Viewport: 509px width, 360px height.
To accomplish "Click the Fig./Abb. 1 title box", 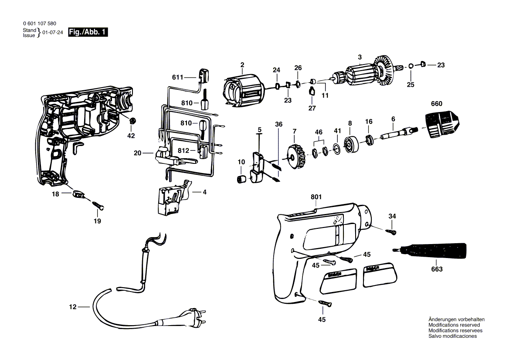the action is (x=88, y=32).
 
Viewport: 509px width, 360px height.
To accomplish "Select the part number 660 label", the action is (x=436, y=104).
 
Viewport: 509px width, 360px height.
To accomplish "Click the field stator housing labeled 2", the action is (x=244, y=90).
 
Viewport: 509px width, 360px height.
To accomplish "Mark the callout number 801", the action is (x=316, y=197).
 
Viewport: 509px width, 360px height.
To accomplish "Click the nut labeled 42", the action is (x=132, y=121).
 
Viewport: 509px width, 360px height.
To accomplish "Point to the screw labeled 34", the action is (x=391, y=232).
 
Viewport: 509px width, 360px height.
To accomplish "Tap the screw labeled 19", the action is (x=98, y=205).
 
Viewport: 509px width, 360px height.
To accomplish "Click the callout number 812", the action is (x=183, y=151).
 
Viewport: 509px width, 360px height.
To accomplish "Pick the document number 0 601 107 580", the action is (x=40, y=24).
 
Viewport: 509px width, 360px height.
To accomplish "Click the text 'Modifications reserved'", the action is (x=454, y=325).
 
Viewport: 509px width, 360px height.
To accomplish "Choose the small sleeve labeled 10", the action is (x=241, y=179).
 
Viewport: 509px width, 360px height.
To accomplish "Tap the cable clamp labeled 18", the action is (x=78, y=194).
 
